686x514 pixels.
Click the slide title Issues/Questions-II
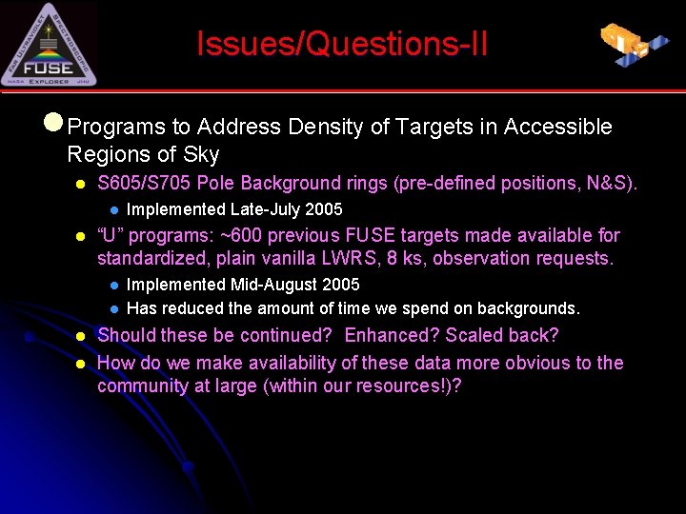point(342,44)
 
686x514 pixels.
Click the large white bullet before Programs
point(54,124)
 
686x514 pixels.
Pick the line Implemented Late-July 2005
point(234,209)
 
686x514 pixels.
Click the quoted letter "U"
point(112,235)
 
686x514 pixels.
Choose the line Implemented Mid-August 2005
point(243,285)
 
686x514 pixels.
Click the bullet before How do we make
point(82,363)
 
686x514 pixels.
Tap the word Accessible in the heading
point(557,127)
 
